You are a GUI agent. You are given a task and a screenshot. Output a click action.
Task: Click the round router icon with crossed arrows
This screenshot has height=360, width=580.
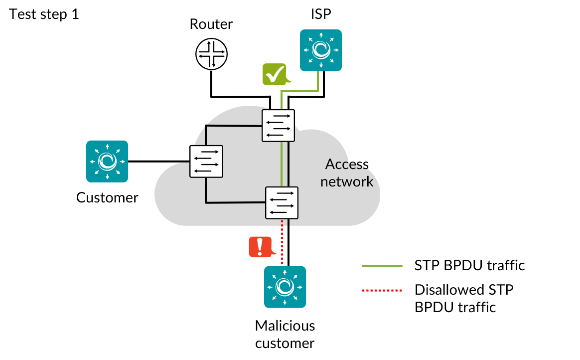pos(211,54)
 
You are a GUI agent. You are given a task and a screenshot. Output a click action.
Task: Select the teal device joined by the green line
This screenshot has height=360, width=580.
pos(321,50)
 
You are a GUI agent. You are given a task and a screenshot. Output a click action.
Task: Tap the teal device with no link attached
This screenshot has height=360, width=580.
pos(107,162)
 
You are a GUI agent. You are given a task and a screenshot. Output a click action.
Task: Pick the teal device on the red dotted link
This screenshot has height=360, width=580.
pos(285,287)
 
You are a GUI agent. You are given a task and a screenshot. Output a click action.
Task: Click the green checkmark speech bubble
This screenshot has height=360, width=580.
pos(275,74)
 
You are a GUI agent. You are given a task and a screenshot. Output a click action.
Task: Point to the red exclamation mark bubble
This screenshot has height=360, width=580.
pos(260,247)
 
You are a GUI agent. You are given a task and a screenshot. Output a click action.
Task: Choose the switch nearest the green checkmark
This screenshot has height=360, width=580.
pos(278,126)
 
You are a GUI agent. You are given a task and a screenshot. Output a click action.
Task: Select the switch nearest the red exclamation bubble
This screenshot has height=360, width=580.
pos(282,203)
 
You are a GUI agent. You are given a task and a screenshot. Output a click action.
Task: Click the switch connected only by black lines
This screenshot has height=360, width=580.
pos(206,162)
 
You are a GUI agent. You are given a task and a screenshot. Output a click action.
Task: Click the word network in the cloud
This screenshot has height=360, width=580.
pos(347,181)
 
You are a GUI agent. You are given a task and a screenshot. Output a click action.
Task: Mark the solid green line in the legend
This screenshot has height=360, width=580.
pos(382,266)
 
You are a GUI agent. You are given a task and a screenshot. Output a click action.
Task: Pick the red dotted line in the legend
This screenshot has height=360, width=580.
pos(382,290)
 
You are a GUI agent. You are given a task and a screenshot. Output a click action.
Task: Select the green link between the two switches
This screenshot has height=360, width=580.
pos(282,165)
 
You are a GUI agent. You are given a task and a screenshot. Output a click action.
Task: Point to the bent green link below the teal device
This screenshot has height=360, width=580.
pos(299,91)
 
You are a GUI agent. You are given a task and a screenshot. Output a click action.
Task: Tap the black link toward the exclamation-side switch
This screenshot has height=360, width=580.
pos(234,202)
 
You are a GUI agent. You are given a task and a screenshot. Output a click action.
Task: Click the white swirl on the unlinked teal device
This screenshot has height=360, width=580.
pos(107,162)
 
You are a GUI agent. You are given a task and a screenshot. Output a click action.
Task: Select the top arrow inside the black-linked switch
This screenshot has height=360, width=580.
pos(206,152)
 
